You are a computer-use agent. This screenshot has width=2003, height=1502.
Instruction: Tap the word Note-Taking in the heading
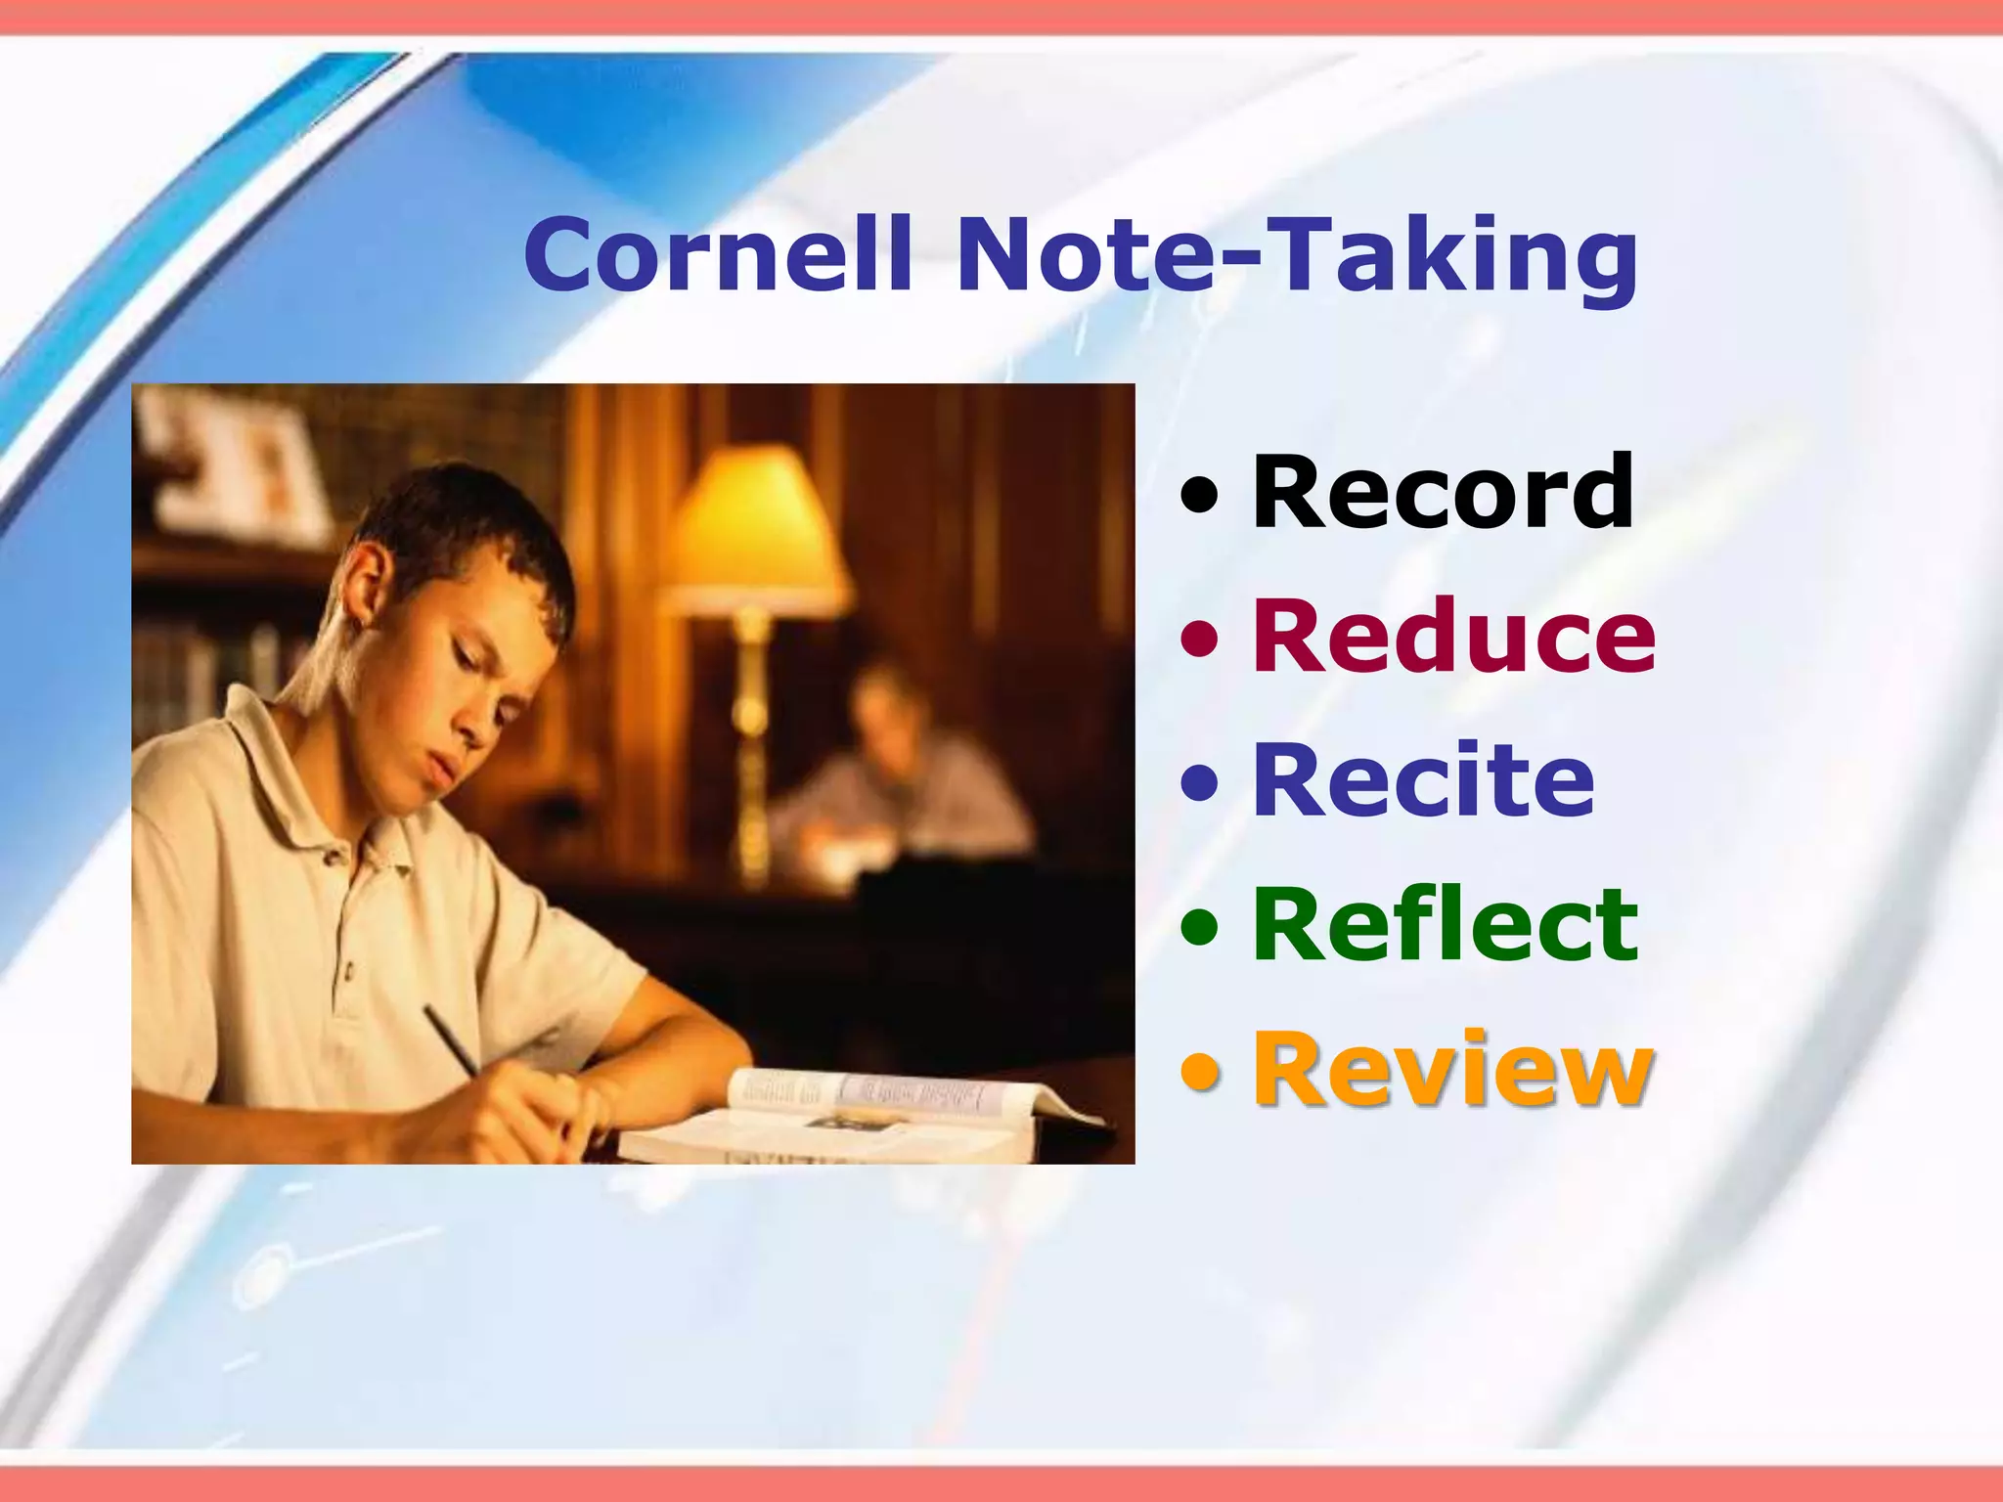pyautogui.click(x=1296, y=256)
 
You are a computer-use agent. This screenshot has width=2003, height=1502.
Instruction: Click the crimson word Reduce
pyautogui.click(x=1453, y=637)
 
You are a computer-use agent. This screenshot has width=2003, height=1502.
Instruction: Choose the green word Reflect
pyautogui.click(x=1445, y=924)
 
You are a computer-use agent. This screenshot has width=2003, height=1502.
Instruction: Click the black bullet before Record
pyautogui.click(x=1200, y=495)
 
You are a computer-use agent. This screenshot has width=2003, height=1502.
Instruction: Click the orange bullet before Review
pyautogui.click(x=1200, y=1072)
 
